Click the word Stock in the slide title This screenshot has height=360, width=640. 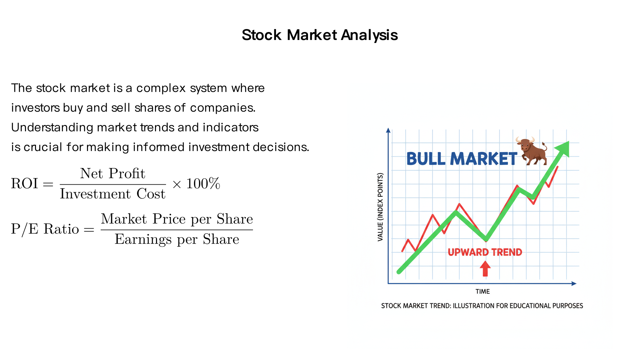click(x=262, y=35)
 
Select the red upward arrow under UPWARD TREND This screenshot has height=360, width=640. click(x=485, y=269)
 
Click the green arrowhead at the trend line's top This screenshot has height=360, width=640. click(x=563, y=148)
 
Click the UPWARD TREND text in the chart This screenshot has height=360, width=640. click(x=485, y=252)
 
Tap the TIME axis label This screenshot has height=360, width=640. click(x=482, y=292)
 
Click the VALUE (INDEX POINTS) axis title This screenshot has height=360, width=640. click(x=380, y=207)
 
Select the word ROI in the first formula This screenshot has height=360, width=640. click(x=24, y=184)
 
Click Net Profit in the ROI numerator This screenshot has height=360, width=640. click(x=113, y=173)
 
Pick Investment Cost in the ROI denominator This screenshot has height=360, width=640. click(x=113, y=194)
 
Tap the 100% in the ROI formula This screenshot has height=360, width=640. click(x=203, y=184)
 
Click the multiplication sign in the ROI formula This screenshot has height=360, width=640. click(x=177, y=184)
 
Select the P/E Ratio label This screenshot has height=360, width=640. click(x=45, y=229)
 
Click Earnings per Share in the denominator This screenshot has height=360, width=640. click(x=177, y=239)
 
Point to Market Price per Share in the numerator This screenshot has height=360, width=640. click(x=177, y=219)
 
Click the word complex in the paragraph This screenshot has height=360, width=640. click(x=161, y=88)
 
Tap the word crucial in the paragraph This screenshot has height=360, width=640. click(x=43, y=147)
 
